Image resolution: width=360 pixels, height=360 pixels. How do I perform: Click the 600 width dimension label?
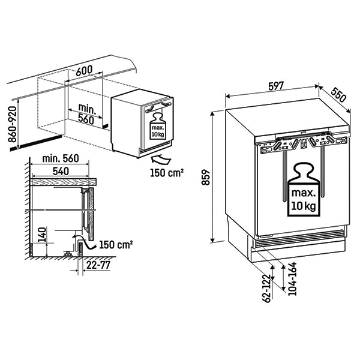(x=83, y=70)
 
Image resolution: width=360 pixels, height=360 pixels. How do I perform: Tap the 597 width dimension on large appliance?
(x=276, y=86)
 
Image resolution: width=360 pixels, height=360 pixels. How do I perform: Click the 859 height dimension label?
(x=206, y=178)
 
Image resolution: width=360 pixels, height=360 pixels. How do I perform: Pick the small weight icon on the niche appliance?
(x=157, y=125)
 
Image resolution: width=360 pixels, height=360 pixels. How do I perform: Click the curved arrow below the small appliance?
(x=160, y=158)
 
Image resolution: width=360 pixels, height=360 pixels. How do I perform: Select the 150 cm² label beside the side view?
(x=115, y=245)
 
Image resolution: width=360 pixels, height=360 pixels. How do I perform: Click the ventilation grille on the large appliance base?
(x=299, y=239)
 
